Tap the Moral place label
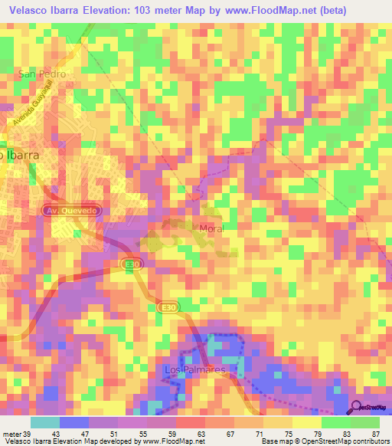210,228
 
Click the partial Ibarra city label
20,153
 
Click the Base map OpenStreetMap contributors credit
322,441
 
